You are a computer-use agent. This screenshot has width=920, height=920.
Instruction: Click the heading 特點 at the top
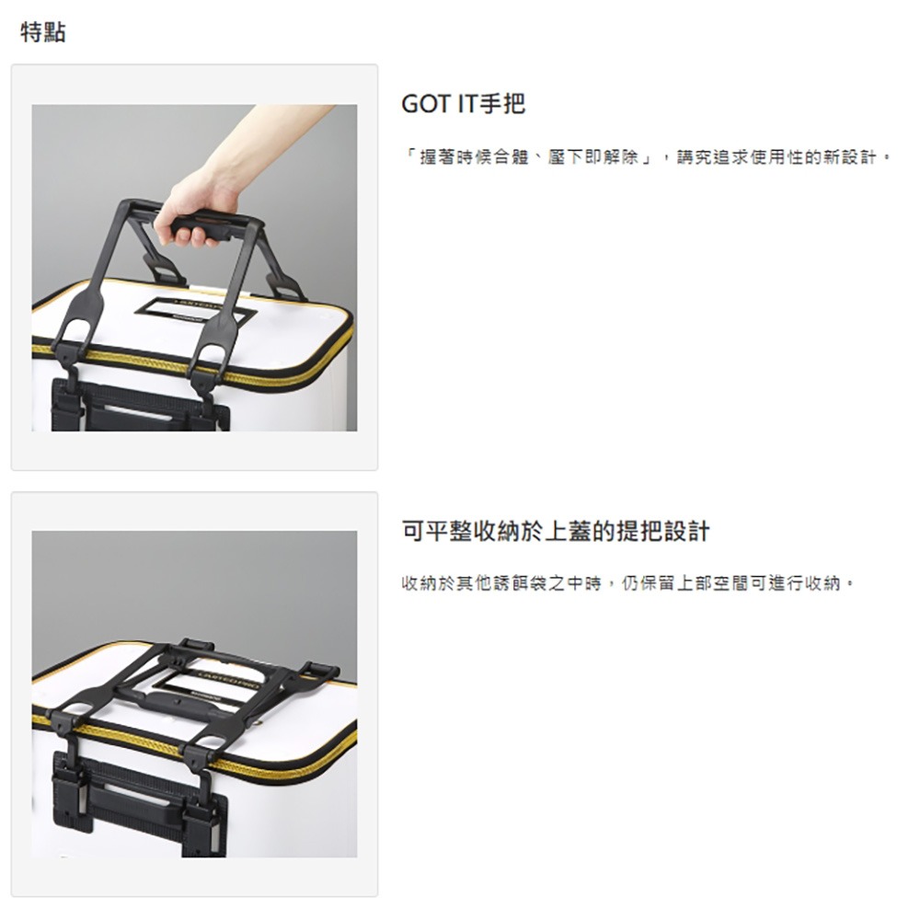coord(43,31)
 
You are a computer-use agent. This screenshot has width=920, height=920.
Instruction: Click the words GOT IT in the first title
coord(440,104)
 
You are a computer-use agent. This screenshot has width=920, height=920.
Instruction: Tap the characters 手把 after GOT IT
coord(502,104)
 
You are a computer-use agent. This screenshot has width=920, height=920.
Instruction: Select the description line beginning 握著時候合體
coord(647,157)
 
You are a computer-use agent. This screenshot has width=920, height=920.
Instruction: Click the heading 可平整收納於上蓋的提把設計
coord(556,531)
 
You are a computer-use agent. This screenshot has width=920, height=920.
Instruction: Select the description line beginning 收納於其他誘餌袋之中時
coord(627,583)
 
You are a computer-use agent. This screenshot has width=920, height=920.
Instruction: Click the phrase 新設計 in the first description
coord(849,157)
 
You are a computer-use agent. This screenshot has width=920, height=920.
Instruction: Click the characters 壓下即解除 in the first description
coord(592,157)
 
